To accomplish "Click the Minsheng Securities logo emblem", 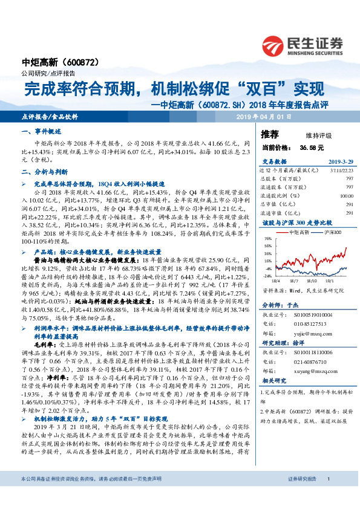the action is pyautogui.click(x=273, y=44).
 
